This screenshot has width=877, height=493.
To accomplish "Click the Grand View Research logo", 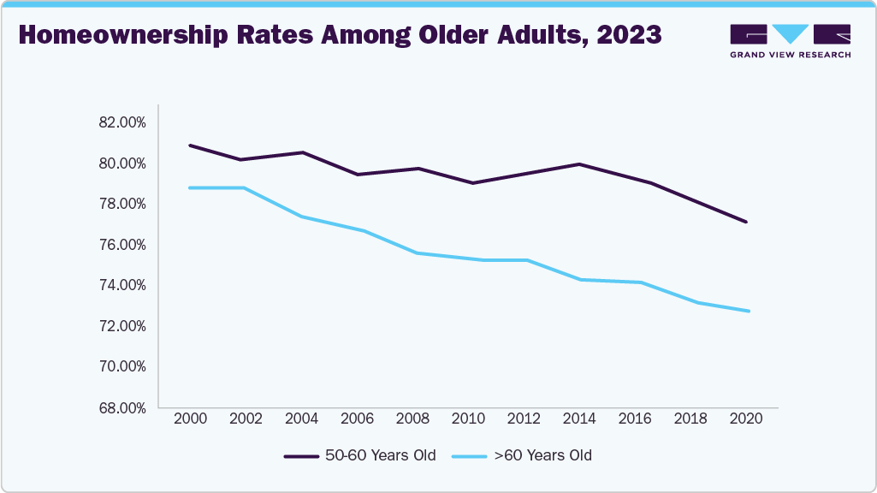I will pos(790,40).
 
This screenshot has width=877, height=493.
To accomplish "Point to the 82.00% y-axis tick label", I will pos(122,122).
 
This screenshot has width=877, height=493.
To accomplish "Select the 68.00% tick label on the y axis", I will pos(122,407).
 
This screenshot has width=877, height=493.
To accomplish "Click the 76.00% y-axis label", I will pos(122,245).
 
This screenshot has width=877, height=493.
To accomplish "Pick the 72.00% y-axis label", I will pos(122,326).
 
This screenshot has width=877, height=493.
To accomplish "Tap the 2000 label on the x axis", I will pos(190,419).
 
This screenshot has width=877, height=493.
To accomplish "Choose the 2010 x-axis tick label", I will pos(468,419).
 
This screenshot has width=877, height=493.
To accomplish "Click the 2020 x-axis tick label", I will pos(746,419).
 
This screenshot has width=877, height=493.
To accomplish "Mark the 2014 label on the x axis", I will pos(579,419).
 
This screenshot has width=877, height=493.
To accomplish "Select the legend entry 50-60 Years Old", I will pos(380,455).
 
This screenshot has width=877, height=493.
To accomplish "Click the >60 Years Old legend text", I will pos(542,455).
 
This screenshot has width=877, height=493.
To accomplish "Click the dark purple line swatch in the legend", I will pos(300,456).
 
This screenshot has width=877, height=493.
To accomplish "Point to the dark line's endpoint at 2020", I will pos(746,222).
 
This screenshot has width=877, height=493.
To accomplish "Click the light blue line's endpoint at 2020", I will pos(749,311).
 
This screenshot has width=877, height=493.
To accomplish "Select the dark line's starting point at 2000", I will pos(190,146).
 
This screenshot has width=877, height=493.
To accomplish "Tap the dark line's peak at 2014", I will pos(579,164).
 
